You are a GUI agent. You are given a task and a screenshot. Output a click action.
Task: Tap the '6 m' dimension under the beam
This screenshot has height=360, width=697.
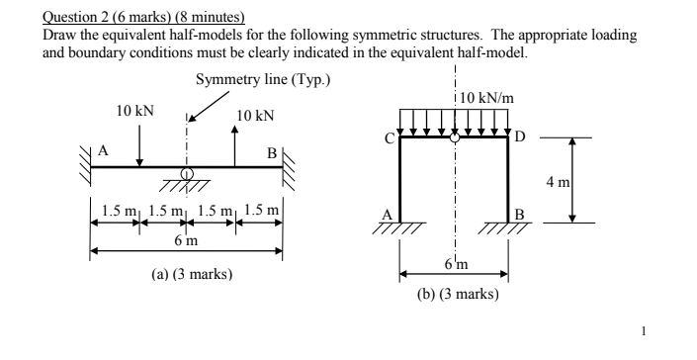point(186,240)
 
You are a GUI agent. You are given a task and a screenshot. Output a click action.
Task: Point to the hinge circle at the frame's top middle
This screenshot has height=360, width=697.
point(454,137)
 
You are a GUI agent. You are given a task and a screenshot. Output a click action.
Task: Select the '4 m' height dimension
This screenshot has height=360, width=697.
point(586,181)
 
